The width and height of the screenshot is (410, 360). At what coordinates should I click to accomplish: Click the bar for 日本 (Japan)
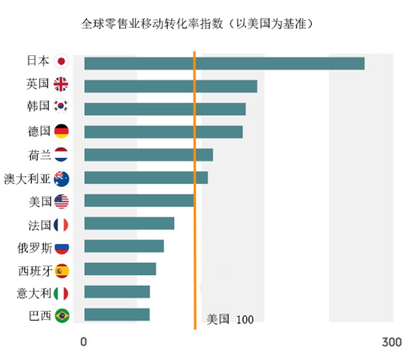(x=225, y=63)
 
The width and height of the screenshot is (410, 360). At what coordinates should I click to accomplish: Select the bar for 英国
(x=171, y=87)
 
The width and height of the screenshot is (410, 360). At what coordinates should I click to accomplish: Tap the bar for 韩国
(x=165, y=109)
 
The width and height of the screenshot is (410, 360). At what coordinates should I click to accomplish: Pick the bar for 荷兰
(x=148, y=155)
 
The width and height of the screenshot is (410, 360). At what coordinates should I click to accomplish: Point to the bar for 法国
(x=129, y=223)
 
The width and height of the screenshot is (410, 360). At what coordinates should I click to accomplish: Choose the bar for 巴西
(x=117, y=314)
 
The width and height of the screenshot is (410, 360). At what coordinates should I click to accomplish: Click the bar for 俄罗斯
(x=124, y=246)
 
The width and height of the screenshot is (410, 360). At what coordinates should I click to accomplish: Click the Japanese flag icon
(x=61, y=62)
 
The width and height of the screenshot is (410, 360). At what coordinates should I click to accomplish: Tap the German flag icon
(x=62, y=131)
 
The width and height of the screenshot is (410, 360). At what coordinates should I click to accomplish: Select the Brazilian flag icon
(x=63, y=316)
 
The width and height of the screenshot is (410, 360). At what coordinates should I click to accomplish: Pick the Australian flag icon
(x=62, y=179)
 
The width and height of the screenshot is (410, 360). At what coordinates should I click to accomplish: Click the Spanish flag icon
(x=62, y=271)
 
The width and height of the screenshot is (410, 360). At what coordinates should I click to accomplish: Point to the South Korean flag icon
(x=60, y=105)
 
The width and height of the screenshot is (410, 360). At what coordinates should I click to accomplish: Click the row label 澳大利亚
(x=27, y=179)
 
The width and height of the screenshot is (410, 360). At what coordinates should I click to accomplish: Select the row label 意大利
(x=33, y=293)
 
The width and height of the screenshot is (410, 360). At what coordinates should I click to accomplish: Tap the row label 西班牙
(x=36, y=271)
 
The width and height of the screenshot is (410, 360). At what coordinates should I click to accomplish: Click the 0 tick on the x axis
(x=84, y=342)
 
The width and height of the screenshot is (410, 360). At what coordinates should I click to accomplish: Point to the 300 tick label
(x=392, y=342)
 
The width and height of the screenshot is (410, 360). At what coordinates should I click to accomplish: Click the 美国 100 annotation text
(x=230, y=319)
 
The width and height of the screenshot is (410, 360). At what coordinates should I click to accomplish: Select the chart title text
(x=198, y=24)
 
